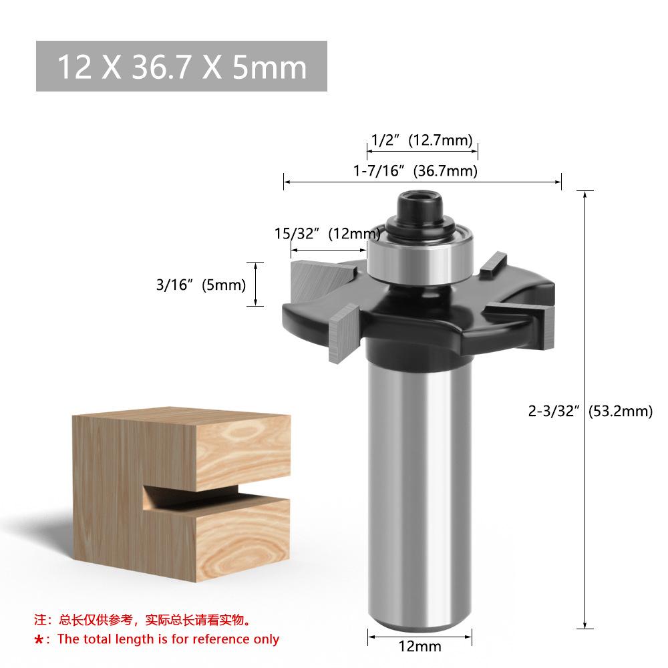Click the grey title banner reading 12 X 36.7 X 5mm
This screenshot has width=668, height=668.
(182, 66)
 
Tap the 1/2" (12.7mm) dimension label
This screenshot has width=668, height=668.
(422, 140)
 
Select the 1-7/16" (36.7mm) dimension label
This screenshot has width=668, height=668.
(415, 171)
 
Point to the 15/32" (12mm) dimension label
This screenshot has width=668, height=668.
(327, 233)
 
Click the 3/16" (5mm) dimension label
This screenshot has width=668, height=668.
(201, 285)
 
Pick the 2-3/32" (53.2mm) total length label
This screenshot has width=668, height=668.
(591, 411)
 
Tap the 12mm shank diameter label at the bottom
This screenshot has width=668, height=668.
(420, 646)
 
